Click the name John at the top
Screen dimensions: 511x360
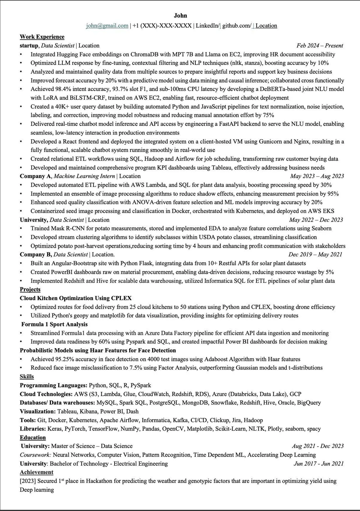[x=180, y=16]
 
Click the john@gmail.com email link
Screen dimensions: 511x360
[x=107, y=26]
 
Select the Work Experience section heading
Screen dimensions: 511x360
[x=42, y=37]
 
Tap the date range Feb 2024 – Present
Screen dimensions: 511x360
[x=319, y=46]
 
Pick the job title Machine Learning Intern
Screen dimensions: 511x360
[x=84, y=176]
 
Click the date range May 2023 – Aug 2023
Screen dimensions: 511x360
[x=317, y=176]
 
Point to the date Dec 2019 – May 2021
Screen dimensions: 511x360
[x=315, y=255]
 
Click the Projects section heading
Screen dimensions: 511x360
[x=30, y=289]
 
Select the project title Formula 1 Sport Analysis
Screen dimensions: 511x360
[x=54, y=324]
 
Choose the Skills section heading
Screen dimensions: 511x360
[x=27, y=376]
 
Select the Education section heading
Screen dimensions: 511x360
[x=33, y=437]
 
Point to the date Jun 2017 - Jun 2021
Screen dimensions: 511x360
[x=319, y=464]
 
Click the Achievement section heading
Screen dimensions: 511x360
[x=36, y=472]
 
